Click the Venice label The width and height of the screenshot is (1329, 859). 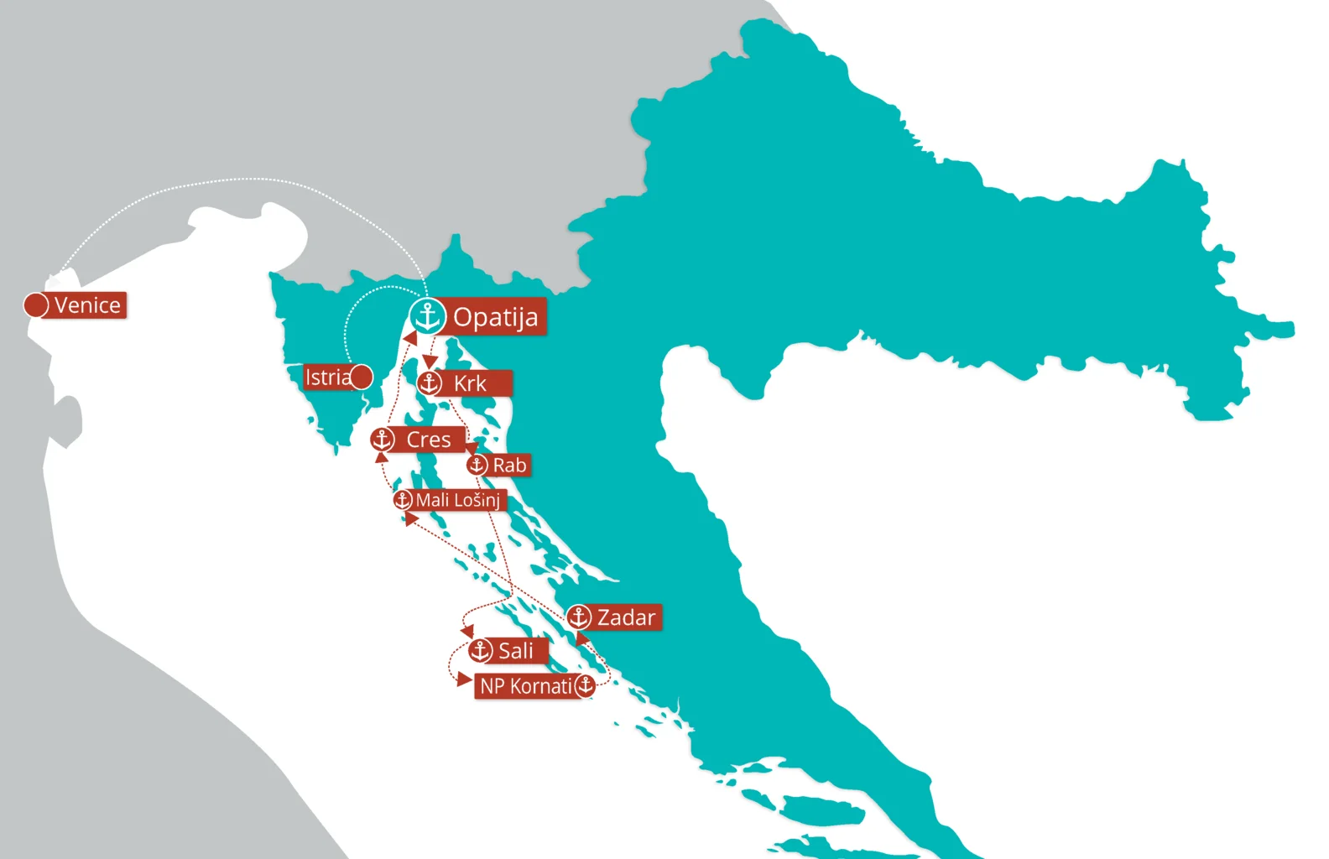pyautogui.click(x=87, y=305)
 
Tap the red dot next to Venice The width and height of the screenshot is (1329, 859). pyautogui.click(x=35, y=305)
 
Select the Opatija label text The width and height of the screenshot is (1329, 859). pyautogui.click(x=496, y=318)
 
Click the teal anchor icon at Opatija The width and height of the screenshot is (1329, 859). pyautogui.click(x=428, y=317)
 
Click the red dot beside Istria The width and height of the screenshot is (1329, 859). pyautogui.click(x=362, y=377)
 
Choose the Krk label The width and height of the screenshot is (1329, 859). pyautogui.click(x=470, y=383)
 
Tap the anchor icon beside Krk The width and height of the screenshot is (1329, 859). pyautogui.click(x=430, y=383)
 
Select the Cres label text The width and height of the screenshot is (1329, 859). pyautogui.click(x=429, y=440)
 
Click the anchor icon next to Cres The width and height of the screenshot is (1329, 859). pyautogui.click(x=383, y=439)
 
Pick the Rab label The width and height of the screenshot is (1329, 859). pyautogui.click(x=509, y=465)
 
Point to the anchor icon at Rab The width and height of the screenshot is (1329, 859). pyautogui.click(x=477, y=465)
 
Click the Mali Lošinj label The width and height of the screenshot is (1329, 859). pyautogui.click(x=458, y=500)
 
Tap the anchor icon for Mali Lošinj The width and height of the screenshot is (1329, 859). pyautogui.click(x=403, y=500)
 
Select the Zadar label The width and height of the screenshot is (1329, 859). pyautogui.click(x=626, y=617)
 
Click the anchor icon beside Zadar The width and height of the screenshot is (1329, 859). pyautogui.click(x=578, y=617)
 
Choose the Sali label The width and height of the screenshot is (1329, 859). pyautogui.click(x=515, y=651)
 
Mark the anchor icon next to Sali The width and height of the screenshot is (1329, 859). pyautogui.click(x=480, y=650)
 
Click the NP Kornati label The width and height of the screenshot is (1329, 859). pyautogui.click(x=525, y=686)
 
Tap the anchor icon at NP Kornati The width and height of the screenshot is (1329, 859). pyautogui.click(x=585, y=685)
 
